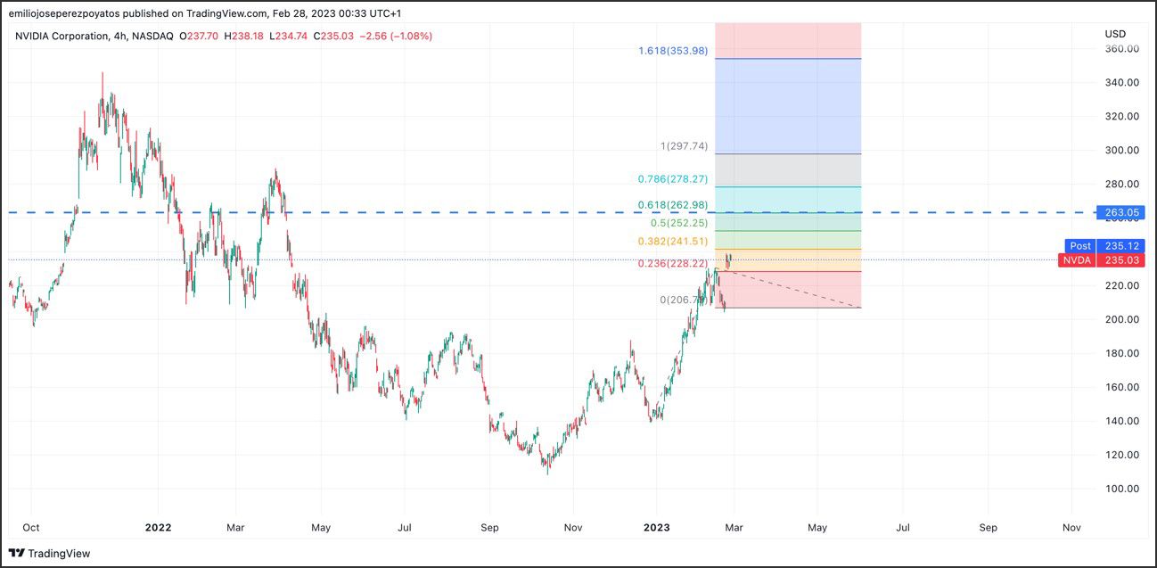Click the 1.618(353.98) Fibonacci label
pos(673,51)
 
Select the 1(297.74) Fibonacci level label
pos(684,146)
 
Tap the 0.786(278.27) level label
pos(673,179)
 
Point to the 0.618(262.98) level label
pos(673,206)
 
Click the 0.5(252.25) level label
pos(679,223)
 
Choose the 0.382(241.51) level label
pos(673,242)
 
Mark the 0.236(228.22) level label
pos(673,264)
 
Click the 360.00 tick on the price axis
pos(1121,49)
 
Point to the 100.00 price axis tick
pos(1121,489)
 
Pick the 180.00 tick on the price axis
pos(1121,353)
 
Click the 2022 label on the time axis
pos(158,528)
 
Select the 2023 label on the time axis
pos(661,528)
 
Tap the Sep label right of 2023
pos(988,528)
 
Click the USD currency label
pos(1115,34)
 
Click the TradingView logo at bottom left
pos(50,554)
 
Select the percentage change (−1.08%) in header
pos(409,36)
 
